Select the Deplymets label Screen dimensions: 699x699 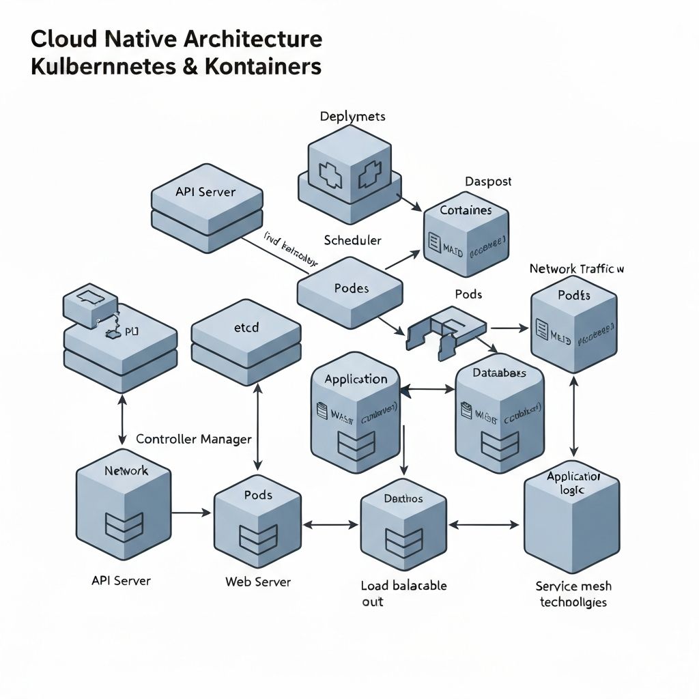coord(352,116)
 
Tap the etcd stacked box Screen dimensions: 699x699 coord(246,341)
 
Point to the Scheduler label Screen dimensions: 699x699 coord(352,240)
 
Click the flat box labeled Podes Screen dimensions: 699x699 coord(350,290)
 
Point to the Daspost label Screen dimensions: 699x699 coord(488,182)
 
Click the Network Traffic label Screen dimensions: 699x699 coord(577,269)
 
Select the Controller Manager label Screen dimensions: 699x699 coord(194,439)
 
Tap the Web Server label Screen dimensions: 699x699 coord(258,582)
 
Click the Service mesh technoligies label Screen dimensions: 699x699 coord(573,594)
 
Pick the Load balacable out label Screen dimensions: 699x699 coord(403,593)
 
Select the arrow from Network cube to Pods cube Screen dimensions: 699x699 coord(191,512)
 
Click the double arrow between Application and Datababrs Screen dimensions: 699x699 coord(427,390)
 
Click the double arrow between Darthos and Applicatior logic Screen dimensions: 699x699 coord(484,525)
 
